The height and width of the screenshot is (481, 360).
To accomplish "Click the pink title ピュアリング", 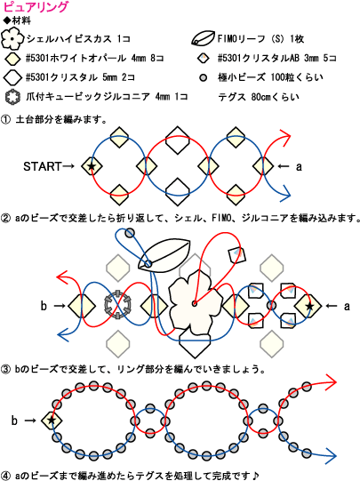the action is tap(36, 7).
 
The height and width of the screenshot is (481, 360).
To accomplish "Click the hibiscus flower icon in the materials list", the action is tap(12, 39).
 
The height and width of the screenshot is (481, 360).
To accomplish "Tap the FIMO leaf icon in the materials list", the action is tap(203, 38).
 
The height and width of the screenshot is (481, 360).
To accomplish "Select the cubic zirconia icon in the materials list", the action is tap(12, 97).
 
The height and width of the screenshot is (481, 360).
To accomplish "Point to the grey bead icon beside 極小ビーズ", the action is tap(203, 77).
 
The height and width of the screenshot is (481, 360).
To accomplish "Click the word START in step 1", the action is tap(43, 166).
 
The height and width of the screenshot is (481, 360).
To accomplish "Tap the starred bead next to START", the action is tap(92, 166).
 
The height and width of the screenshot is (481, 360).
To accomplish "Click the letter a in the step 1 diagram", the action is tap(299, 166).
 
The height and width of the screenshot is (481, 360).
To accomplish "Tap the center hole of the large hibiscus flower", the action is tap(194, 304).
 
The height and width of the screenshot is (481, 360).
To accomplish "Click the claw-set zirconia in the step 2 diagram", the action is tap(117, 305).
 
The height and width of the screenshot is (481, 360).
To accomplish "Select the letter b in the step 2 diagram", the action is tap(44, 306).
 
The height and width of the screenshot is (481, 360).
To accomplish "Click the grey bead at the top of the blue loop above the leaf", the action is tap(130, 233).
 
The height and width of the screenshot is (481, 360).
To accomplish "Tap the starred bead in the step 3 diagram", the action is tap(52, 420).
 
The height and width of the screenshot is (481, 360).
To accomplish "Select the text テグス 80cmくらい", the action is tap(258, 97).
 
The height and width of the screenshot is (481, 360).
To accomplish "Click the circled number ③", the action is tap(6, 369).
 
